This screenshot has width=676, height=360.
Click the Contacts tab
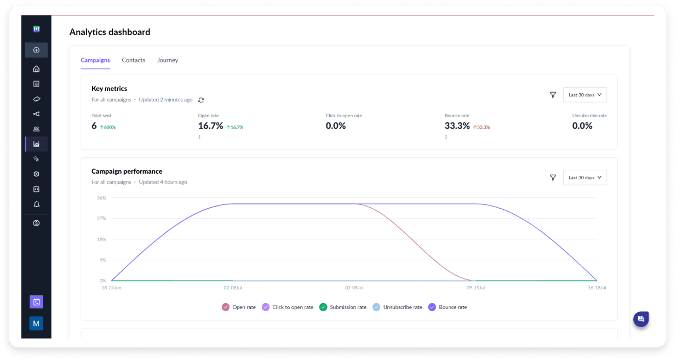coord(133,60)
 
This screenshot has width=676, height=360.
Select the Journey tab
coord(168,60)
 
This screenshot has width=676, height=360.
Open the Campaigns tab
coord(95,60)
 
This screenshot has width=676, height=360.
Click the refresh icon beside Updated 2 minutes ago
coord(201,100)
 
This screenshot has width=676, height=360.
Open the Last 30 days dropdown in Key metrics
coord(585,95)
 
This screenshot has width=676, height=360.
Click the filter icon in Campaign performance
coord(553,178)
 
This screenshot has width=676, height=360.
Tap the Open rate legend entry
coord(239,307)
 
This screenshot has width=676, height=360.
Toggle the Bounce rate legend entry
coord(448,307)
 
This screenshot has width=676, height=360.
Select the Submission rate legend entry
coord(343,307)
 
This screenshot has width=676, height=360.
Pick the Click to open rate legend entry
coord(288,307)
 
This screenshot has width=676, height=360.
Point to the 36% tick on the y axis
coord(101,198)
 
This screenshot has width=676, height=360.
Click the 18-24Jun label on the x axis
coord(111,288)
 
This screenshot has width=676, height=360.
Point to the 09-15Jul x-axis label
coord(475,288)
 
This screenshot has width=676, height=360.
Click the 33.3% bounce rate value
coord(457,125)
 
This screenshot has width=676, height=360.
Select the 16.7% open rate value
coord(210,125)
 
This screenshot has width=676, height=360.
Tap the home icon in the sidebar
coord(36,69)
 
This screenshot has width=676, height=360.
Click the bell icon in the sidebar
coord(36,204)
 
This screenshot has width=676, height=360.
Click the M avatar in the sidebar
coord(36,324)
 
